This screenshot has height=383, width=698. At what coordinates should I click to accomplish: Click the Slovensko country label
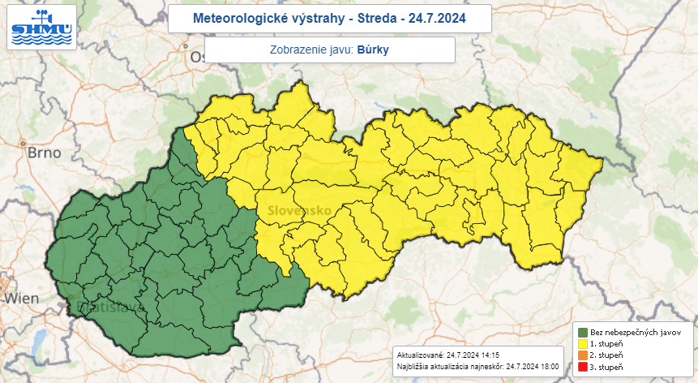pyautogui.click(x=293, y=211)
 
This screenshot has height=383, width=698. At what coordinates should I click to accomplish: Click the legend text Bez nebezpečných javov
pyautogui.click(x=635, y=333)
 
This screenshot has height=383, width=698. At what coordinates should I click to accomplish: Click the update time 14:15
pyautogui.click(x=488, y=355)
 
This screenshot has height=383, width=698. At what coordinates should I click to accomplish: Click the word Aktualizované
pyautogui.click(x=419, y=355)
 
